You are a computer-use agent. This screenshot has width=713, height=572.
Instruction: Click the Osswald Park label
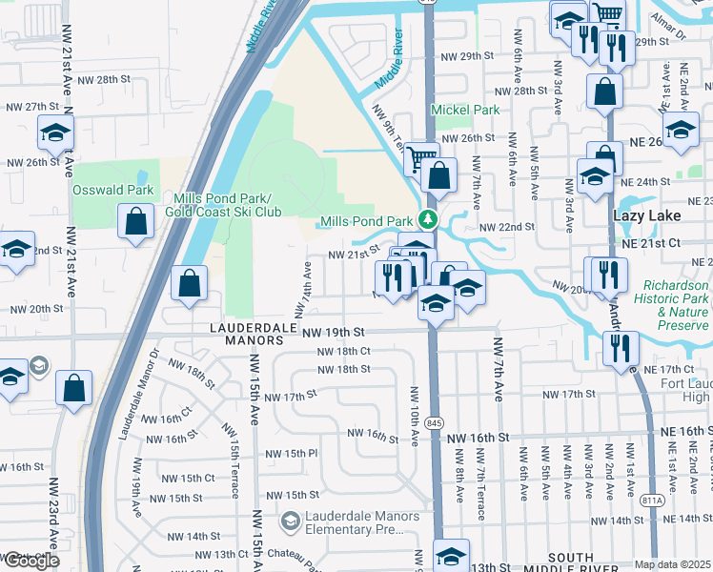pos(113,190)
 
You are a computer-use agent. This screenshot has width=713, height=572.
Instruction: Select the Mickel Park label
pos(465,110)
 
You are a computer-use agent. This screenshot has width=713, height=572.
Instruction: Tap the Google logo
pos(31,561)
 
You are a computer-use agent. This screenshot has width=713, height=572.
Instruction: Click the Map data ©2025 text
pos(673,564)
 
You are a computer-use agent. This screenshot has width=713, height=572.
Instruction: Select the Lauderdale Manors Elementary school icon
pos(290,521)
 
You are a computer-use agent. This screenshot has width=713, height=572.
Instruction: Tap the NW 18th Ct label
pos(343,351)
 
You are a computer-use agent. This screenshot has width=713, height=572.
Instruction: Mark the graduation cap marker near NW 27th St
pos(56,133)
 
